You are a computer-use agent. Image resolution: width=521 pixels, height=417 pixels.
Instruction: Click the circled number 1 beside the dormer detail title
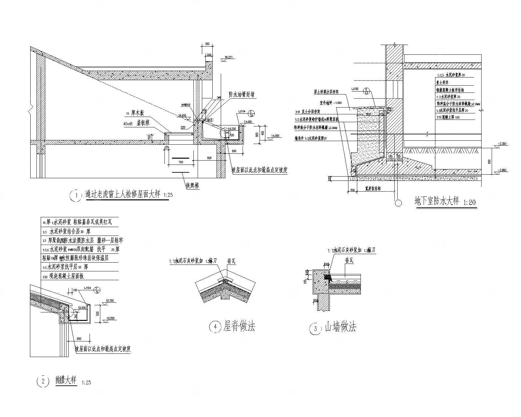(76, 196)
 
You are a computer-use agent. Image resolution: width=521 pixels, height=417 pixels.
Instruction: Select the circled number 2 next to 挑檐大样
(43, 381)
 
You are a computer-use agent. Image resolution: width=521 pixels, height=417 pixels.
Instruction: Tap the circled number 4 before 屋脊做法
(215, 327)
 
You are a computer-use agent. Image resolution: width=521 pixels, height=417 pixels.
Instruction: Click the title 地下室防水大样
(436, 201)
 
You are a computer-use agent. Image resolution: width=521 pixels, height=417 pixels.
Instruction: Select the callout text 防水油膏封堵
(241, 95)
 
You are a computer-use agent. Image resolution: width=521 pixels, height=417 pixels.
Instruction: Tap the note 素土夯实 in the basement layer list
(443, 83)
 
